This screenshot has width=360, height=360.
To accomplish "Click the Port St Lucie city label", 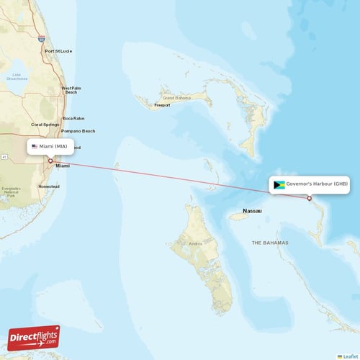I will pyautogui.click(x=58, y=51).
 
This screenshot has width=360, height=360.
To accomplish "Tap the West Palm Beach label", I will pyautogui.click(x=71, y=90).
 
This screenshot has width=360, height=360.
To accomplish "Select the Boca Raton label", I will pyautogui.click(x=73, y=118).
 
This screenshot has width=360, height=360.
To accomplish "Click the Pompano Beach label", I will pyautogui.click(x=78, y=131).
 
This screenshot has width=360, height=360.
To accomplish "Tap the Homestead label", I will pyautogui.click(x=49, y=186).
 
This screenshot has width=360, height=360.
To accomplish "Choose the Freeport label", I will pyautogui.click(x=162, y=105).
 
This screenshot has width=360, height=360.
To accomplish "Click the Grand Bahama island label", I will pyautogui.click(x=179, y=97).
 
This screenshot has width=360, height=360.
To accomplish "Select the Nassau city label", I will pyautogui.click(x=252, y=211).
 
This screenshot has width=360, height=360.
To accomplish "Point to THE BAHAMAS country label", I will pyautogui.click(x=270, y=243).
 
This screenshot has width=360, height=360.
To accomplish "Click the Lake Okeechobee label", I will pyautogui.click(x=17, y=76).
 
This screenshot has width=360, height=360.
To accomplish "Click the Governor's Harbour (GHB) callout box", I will pyautogui.click(x=310, y=184).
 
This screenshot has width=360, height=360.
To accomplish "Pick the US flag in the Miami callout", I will pyautogui.click(x=35, y=147).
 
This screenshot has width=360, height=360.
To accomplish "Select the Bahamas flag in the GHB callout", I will pyautogui.click(x=279, y=184).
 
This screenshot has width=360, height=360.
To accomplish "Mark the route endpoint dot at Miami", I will pyautogui.click(x=50, y=161).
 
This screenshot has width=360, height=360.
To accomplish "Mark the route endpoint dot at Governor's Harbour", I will pyautogui.click(x=309, y=198).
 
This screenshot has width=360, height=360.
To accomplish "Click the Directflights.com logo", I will pyautogui.click(x=34, y=337).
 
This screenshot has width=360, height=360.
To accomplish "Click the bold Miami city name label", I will pyautogui.click(x=63, y=166).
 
